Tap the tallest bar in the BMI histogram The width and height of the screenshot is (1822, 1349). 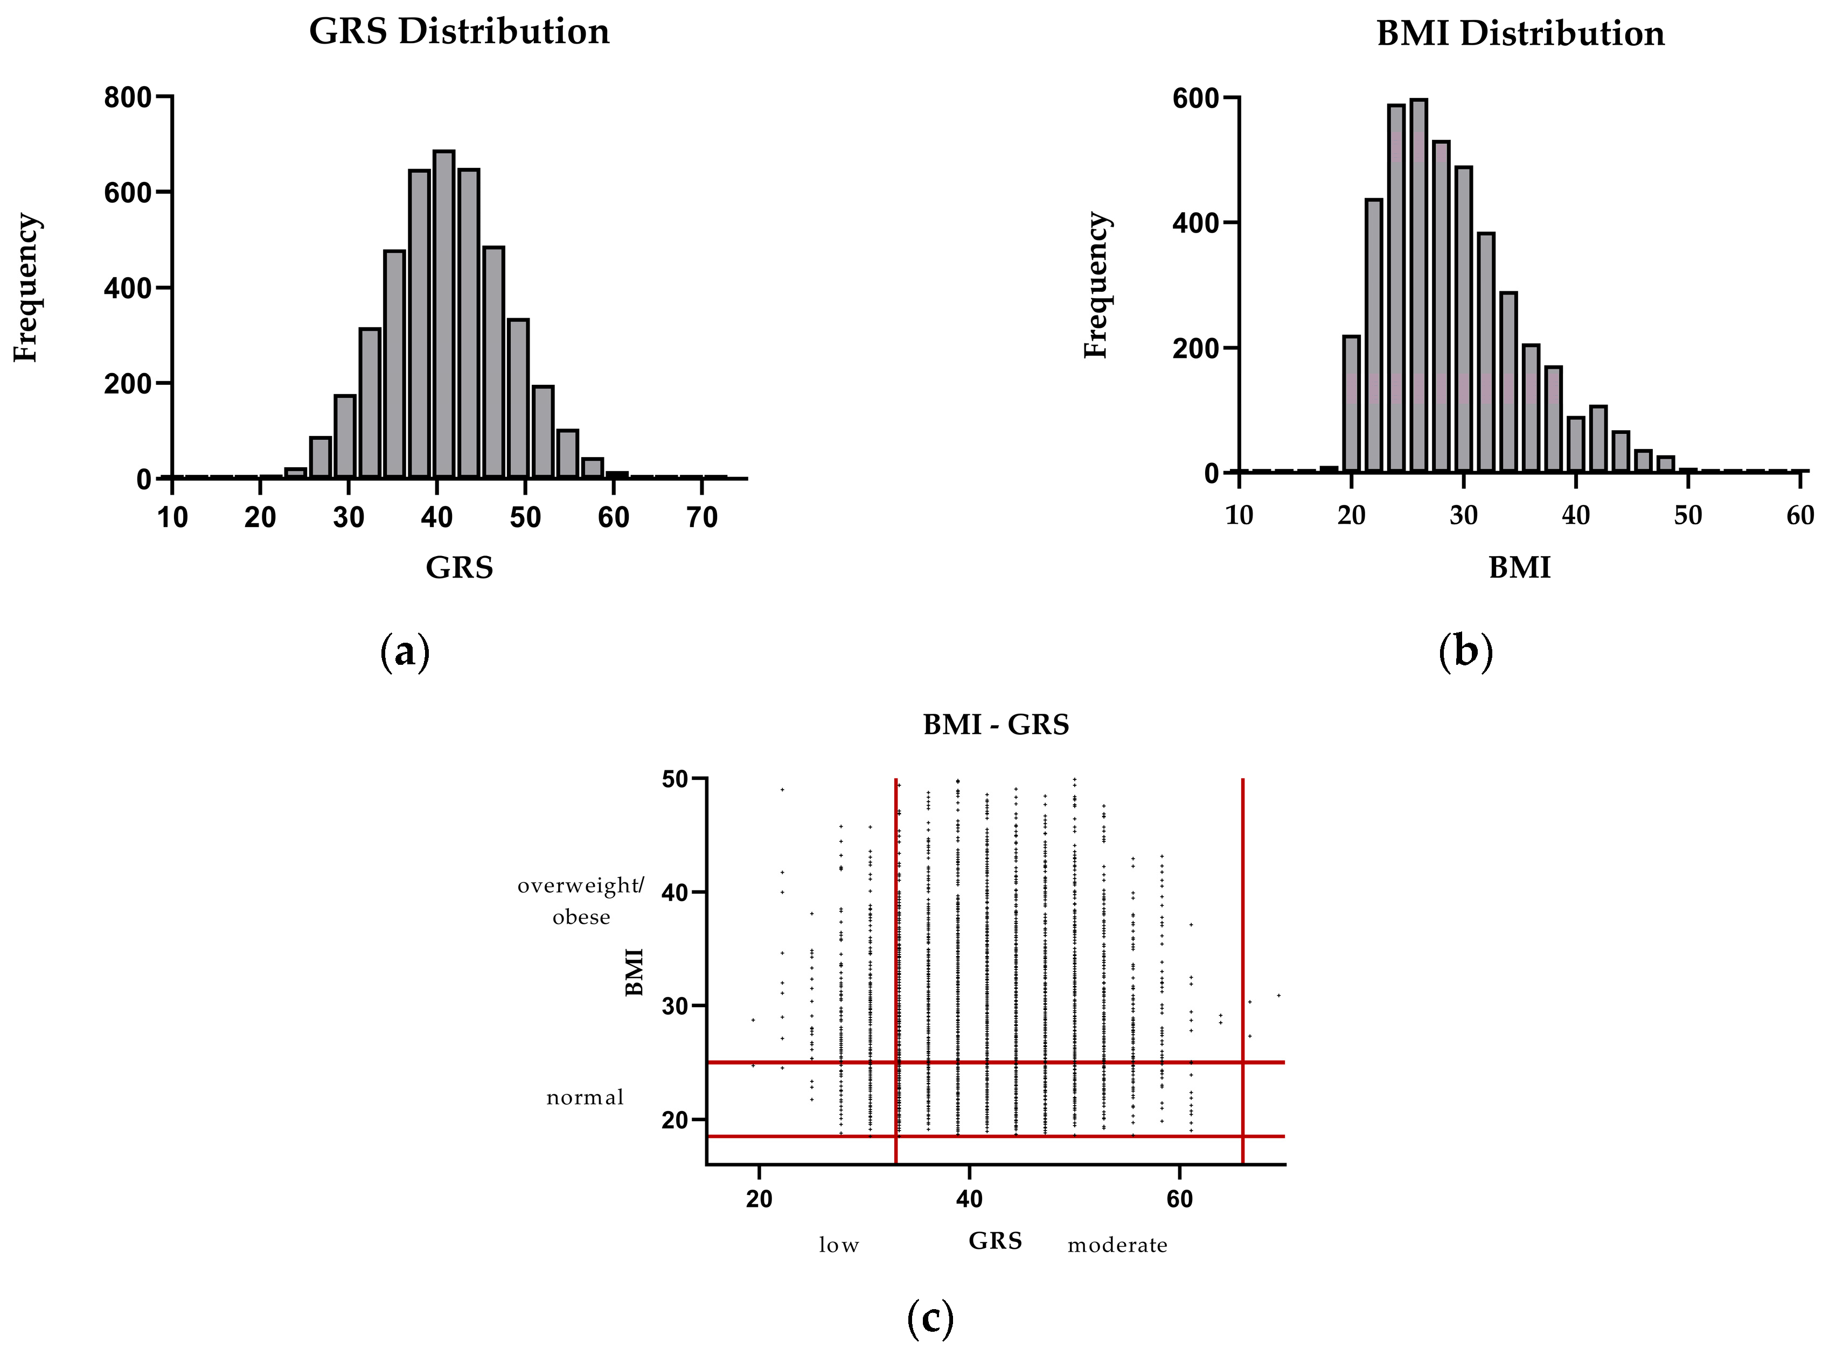pyautogui.click(x=1418, y=286)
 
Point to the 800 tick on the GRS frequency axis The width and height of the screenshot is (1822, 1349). pyautogui.click(x=128, y=98)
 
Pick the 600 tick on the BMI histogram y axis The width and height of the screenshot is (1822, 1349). pyautogui.click(x=1195, y=99)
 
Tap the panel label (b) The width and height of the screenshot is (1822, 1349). pyautogui.click(x=1465, y=652)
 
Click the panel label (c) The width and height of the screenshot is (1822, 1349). pyautogui.click(x=930, y=1317)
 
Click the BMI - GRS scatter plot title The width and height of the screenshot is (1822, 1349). pyautogui.click(x=995, y=725)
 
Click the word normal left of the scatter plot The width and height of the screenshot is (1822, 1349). pyautogui.click(x=584, y=1098)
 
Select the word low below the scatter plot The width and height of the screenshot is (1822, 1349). pyautogui.click(x=839, y=1245)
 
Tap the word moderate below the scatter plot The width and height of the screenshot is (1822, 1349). pyautogui.click(x=1117, y=1245)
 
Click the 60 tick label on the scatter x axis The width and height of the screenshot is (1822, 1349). pyautogui.click(x=1179, y=1199)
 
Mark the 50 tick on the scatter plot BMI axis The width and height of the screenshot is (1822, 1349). pyautogui.click(x=675, y=780)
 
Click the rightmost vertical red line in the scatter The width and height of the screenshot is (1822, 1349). pyautogui.click(x=1242, y=939)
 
